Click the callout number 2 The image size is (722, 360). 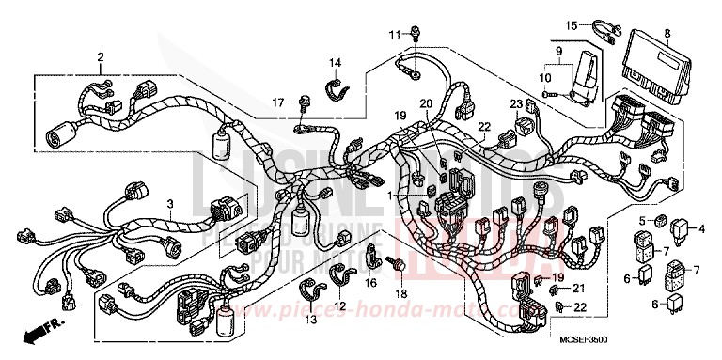coord(99,58)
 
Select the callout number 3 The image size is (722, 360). coord(170,203)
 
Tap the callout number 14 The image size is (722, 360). coord(334,63)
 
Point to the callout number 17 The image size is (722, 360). coord(278,102)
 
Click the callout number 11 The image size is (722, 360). coord(396,35)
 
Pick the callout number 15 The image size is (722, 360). coord(572,24)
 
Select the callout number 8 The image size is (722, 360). coord(667,35)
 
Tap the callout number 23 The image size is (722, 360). coord(516,103)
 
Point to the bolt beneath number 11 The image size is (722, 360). coord(414,35)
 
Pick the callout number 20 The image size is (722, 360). coord(426,103)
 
